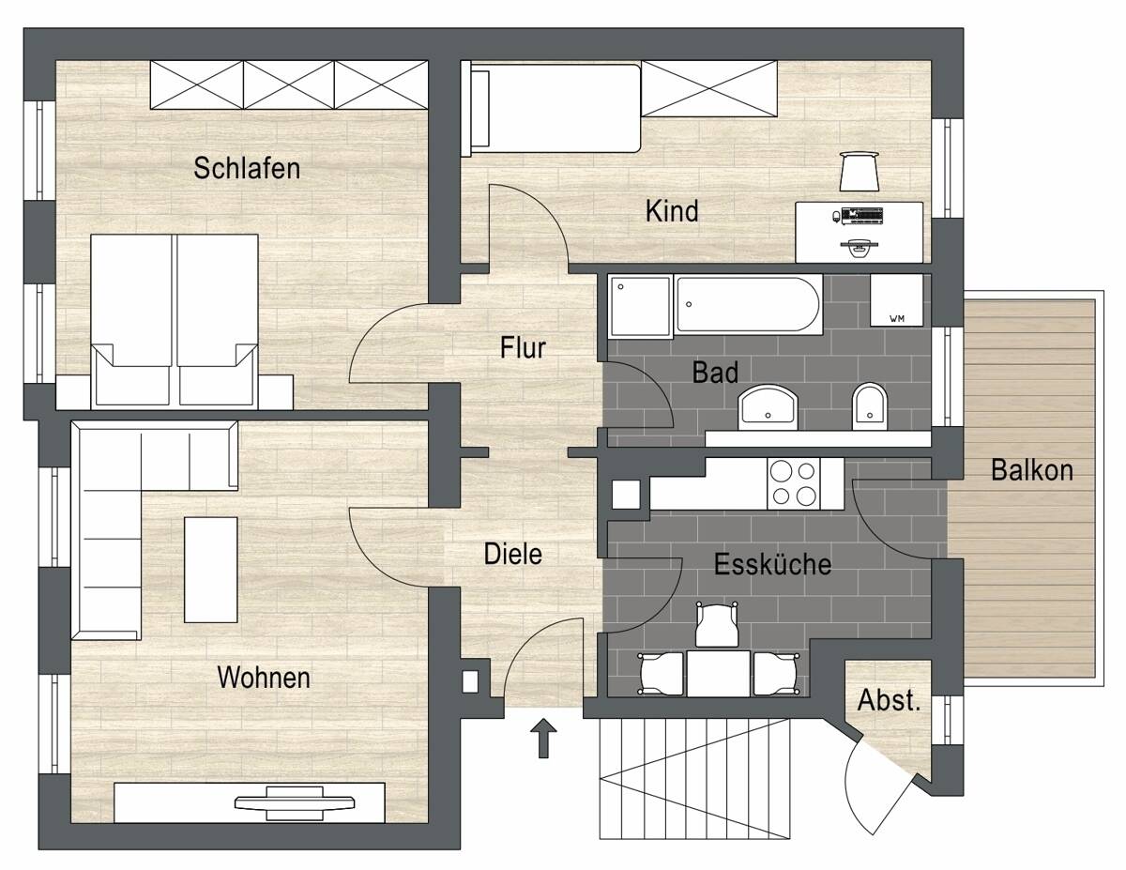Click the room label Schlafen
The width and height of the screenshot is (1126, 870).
(x=247, y=168)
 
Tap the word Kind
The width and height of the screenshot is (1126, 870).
(x=672, y=211)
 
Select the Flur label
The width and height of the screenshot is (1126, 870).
(x=523, y=348)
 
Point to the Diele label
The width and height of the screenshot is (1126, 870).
(x=512, y=554)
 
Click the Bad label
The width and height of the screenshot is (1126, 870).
(x=715, y=373)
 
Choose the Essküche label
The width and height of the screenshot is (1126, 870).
(x=772, y=565)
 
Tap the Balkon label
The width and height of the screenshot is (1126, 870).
(x=1031, y=470)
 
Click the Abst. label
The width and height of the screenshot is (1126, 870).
(x=889, y=701)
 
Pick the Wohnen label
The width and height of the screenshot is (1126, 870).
(x=264, y=677)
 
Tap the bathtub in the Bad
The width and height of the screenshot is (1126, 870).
(x=749, y=304)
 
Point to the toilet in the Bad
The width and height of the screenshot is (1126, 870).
(x=869, y=405)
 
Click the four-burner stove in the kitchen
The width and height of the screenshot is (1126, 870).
(x=792, y=483)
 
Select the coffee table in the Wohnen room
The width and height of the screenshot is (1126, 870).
(x=211, y=569)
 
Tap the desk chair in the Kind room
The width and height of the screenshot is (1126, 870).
(x=859, y=171)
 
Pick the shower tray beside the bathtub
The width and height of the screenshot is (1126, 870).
(x=640, y=304)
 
